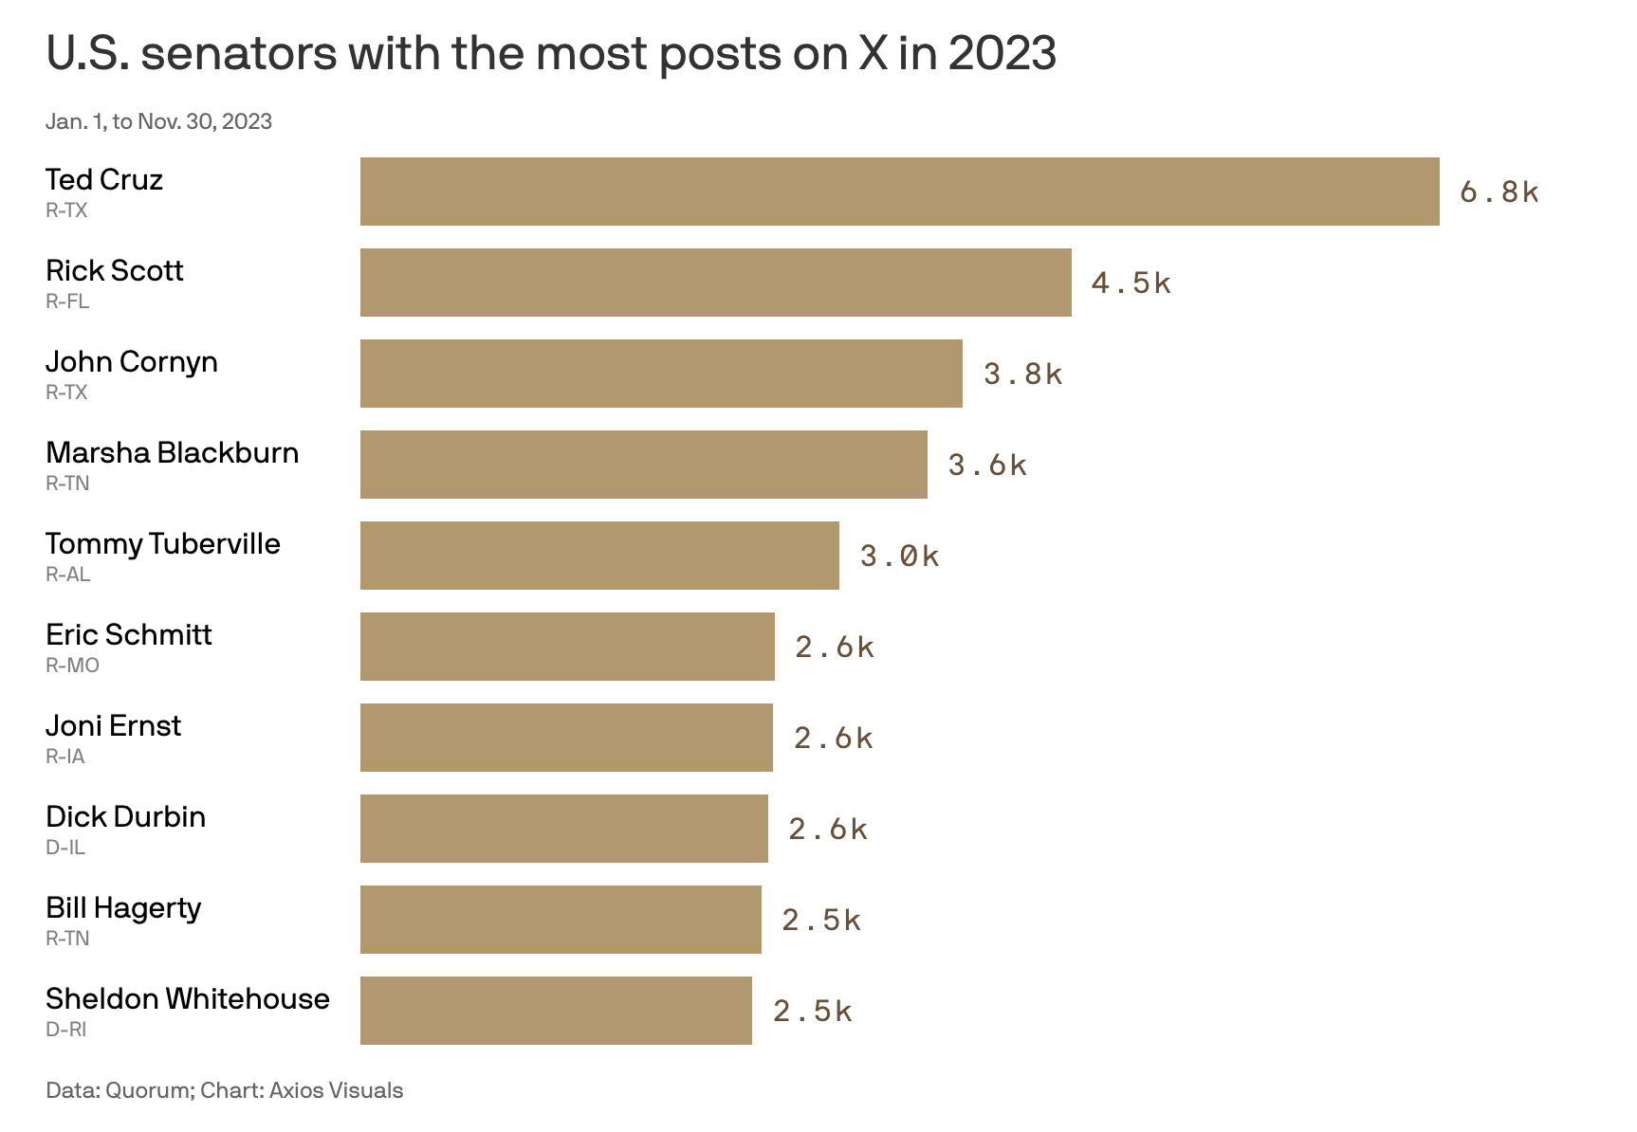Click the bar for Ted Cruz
click(x=899, y=192)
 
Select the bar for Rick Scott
click(x=715, y=283)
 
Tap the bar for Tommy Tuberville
click(x=599, y=556)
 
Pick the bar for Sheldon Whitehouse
click(x=556, y=1011)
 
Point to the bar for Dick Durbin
click(x=563, y=829)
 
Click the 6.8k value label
click(x=1499, y=192)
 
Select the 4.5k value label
click(x=1131, y=283)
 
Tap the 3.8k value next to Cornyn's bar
click(x=1022, y=374)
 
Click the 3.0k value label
click(x=899, y=557)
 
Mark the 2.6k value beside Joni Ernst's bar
click(x=833, y=739)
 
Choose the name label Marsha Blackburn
click(x=172, y=453)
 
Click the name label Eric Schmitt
click(x=129, y=635)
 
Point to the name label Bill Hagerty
click(x=123, y=908)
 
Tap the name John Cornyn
click(x=132, y=362)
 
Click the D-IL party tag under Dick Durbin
click(x=65, y=848)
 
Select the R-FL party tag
click(x=67, y=301)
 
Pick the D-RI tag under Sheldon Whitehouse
click(x=66, y=1030)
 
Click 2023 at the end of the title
click(x=1002, y=53)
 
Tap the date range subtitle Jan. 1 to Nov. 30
click(x=158, y=121)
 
